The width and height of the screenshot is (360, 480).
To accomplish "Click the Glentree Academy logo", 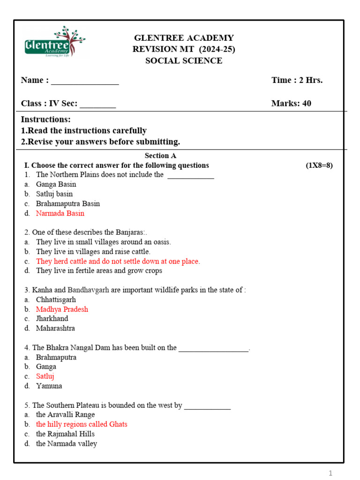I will pos(54,42).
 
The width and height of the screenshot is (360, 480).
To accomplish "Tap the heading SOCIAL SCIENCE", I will pos(184,61).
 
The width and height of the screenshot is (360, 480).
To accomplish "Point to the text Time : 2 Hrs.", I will pos(297,80).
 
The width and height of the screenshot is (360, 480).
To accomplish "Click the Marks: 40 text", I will pos(291,104).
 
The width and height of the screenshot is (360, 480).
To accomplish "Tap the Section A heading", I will pos(160,156).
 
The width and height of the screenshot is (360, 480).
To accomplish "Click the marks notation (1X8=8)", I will pos(319,165).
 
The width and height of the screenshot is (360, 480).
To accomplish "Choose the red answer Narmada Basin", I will pos(60,213).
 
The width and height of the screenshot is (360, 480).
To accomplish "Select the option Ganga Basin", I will pos(56,184).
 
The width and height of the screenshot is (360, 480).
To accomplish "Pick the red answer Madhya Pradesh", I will pos(62,309).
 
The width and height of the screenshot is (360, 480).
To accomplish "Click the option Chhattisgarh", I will pos(56,300).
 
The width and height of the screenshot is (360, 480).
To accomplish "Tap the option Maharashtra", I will pos(55,329).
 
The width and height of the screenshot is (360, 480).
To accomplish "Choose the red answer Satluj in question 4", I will pos(45,376).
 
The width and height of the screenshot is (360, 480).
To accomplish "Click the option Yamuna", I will pos(49,386).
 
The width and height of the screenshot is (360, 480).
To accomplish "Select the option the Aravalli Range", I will pos(65,415).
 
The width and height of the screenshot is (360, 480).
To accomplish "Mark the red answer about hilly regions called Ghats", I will pos(82,424).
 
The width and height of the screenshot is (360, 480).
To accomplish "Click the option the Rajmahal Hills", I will pos(65,434).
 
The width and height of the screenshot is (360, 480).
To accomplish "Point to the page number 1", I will pos(330,473).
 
